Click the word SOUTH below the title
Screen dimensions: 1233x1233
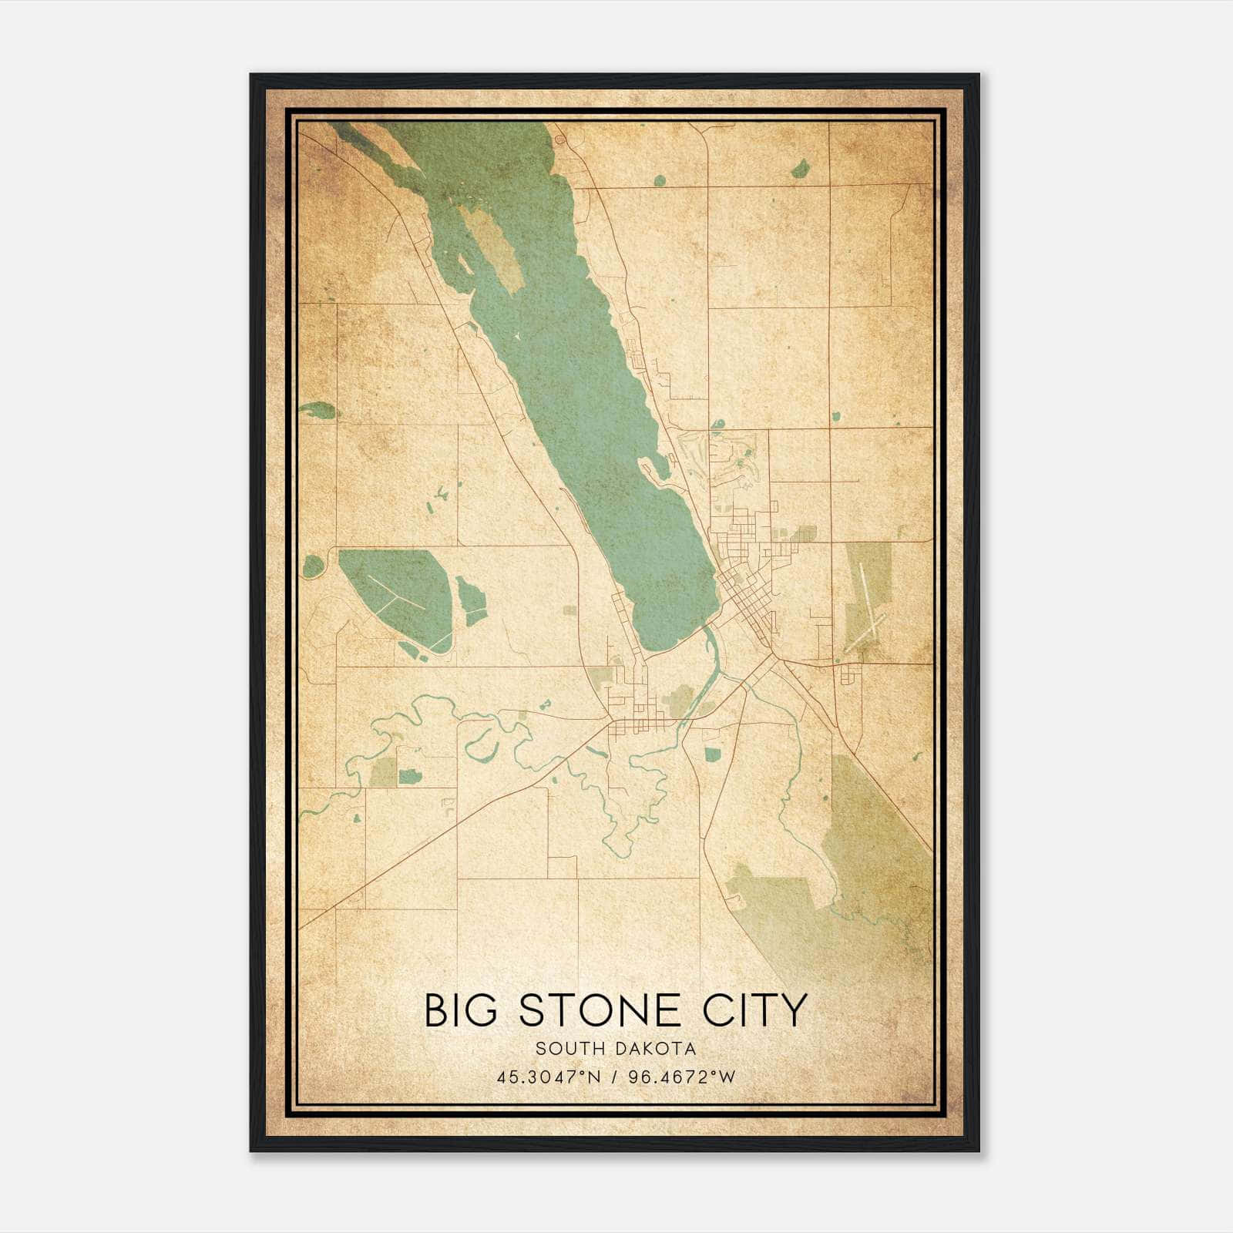click(x=570, y=1049)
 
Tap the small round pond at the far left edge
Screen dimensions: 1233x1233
click(x=313, y=566)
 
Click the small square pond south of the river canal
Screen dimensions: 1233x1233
click(x=711, y=754)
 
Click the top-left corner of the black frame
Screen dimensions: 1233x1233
click(x=251, y=76)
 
